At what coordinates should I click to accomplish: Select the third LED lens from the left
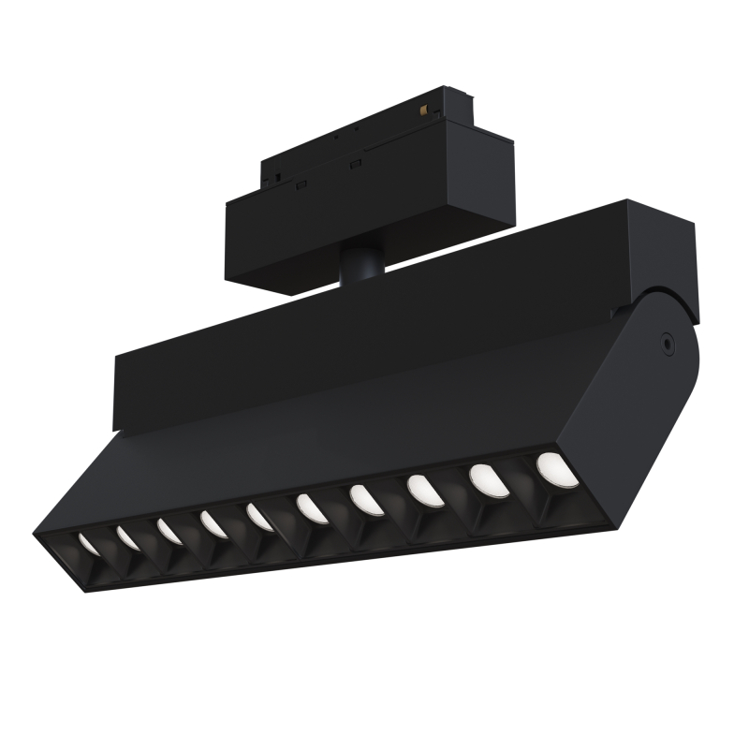tap(169, 531)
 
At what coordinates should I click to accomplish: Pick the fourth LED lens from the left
tap(212, 523)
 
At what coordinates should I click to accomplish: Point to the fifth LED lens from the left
tap(259, 516)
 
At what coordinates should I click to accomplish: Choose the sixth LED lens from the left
tap(311, 508)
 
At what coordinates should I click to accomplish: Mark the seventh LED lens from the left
tap(365, 500)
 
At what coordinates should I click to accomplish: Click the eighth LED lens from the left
tap(423, 491)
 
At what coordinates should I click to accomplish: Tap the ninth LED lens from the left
tap(486, 480)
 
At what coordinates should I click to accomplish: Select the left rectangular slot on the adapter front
tap(301, 184)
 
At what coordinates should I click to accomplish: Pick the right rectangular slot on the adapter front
tap(355, 166)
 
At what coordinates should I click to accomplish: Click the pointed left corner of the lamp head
tap(39, 536)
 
